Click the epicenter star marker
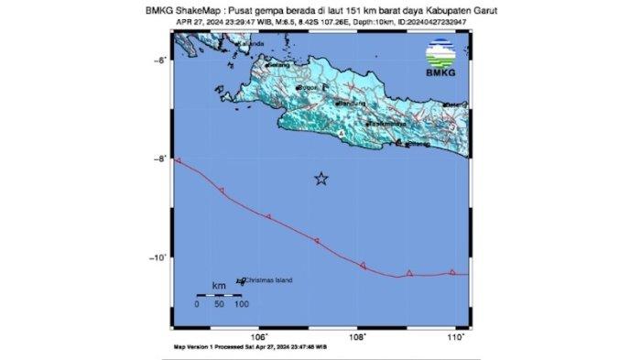320,179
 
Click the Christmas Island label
267,279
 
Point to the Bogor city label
307,88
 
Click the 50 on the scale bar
219,302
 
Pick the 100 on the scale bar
241,302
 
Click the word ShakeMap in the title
223,11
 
